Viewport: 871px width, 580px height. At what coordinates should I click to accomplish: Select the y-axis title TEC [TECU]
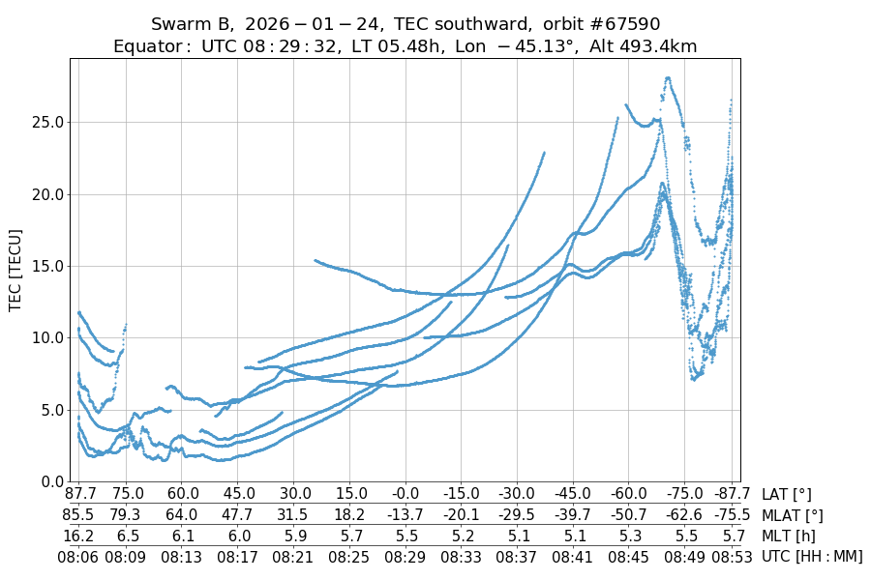[x=15, y=270]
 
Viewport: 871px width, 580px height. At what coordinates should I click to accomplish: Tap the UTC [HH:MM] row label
[x=811, y=556]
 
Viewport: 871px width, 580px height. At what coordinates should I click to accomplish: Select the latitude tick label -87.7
[x=720, y=495]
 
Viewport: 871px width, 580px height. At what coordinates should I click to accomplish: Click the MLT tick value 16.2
[x=79, y=536]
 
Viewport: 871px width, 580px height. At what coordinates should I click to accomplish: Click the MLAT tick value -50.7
[x=628, y=515]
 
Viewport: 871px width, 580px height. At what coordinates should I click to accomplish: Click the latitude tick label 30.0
[x=295, y=495]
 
